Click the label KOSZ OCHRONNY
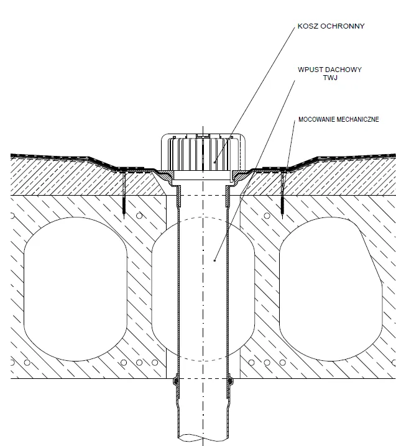click(331, 26)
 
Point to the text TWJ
click(330, 78)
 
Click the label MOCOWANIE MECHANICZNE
click(339, 119)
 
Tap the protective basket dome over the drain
click(203, 152)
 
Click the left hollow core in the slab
click(75, 289)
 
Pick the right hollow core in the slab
click(331, 289)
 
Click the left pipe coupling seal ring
click(176, 380)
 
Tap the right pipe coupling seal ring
click(230, 380)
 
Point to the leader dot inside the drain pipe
click(214, 260)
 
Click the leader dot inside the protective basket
click(214, 162)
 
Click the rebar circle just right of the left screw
click(139, 216)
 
